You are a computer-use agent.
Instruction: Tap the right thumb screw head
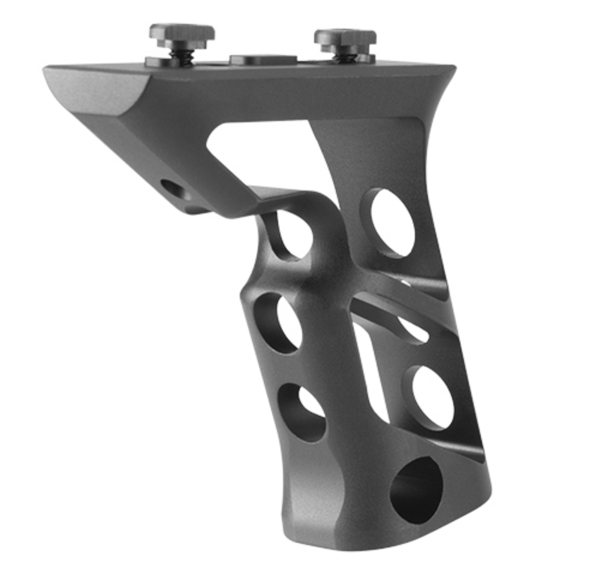coord(345,37)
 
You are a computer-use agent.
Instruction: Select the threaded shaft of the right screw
coord(347,55)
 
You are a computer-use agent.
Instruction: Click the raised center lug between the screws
coord(263,59)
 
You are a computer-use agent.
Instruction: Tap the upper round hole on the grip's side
coord(390,222)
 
